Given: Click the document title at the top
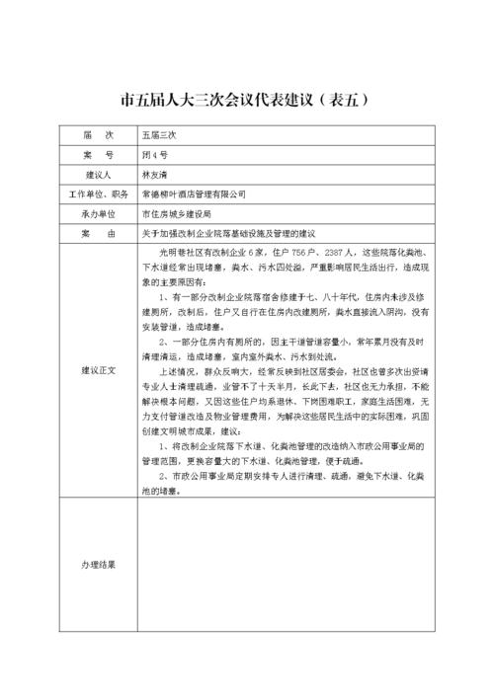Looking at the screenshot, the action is [x=246, y=99].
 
